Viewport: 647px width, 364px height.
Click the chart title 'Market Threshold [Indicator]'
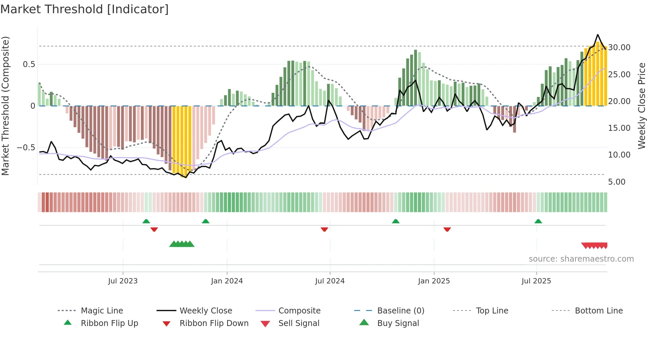point(85,9)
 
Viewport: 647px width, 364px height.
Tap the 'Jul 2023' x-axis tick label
point(123,281)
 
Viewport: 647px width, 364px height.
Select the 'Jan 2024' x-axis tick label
point(227,281)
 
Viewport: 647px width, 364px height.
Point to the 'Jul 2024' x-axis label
point(330,281)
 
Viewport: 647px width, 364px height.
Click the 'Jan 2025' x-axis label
point(434,281)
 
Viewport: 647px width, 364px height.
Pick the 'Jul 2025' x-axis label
point(536,281)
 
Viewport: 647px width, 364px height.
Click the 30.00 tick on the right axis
point(619,48)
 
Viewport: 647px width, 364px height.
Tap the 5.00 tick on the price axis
point(617,182)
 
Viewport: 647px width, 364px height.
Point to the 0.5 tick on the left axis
point(29,64)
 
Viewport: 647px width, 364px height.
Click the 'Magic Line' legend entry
point(102,311)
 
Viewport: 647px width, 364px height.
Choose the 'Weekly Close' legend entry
point(206,311)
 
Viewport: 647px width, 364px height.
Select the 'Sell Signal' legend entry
point(299,323)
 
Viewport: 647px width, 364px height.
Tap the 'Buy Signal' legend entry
point(398,323)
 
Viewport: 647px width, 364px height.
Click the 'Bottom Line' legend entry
point(598,311)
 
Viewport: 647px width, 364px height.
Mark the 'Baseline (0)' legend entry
point(400,311)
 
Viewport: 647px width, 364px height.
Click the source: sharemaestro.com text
point(581,259)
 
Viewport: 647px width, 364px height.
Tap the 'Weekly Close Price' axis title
point(641,106)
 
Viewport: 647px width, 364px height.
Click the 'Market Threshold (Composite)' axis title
point(5,106)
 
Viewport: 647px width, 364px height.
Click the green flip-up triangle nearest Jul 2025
point(538,221)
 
